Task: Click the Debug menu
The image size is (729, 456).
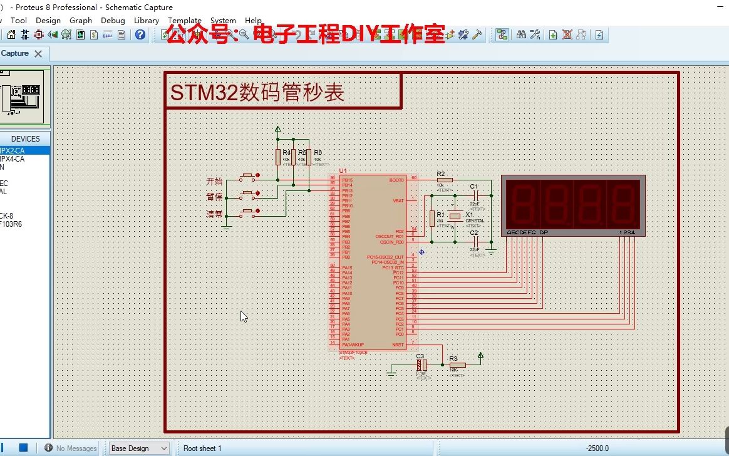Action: (x=113, y=20)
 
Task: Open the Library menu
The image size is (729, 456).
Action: (x=147, y=20)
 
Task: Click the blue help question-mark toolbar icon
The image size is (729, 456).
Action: (x=140, y=34)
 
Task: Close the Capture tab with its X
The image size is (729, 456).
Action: (x=38, y=54)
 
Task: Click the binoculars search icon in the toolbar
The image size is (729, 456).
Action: (x=521, y=34)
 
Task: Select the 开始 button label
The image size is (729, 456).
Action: (x=214, y=181)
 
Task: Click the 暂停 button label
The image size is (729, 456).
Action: (x=214, y=197)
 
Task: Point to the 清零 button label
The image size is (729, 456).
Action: (x=214, y=214)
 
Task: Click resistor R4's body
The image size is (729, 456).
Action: (x=278, y=157)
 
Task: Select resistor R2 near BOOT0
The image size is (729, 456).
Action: (x=444, y=180)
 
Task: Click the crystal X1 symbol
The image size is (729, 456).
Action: (x=455, y=216)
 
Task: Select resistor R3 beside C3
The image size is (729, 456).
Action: (x=457, y=365)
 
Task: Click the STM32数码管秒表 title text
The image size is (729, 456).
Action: (x=257, y=93)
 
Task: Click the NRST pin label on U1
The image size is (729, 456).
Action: (x=398, y=345)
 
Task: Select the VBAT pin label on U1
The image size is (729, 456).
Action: (x=398, y=200)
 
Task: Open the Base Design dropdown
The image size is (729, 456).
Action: (x=139, y=448)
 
